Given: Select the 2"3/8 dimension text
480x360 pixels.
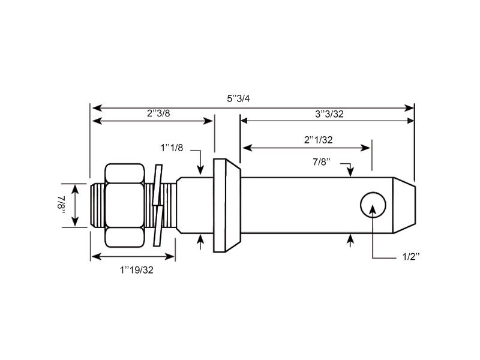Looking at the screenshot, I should (x=158, y=112).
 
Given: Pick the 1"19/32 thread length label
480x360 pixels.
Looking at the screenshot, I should (x=137, y=270).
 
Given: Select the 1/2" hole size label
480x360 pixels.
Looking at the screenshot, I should (x=410, y=257).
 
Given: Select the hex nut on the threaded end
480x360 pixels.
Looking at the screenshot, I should (x=125, y=205).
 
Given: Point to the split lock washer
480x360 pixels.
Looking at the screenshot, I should (x=157, y=205).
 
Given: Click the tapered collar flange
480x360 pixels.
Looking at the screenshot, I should (x=226, y=205).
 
